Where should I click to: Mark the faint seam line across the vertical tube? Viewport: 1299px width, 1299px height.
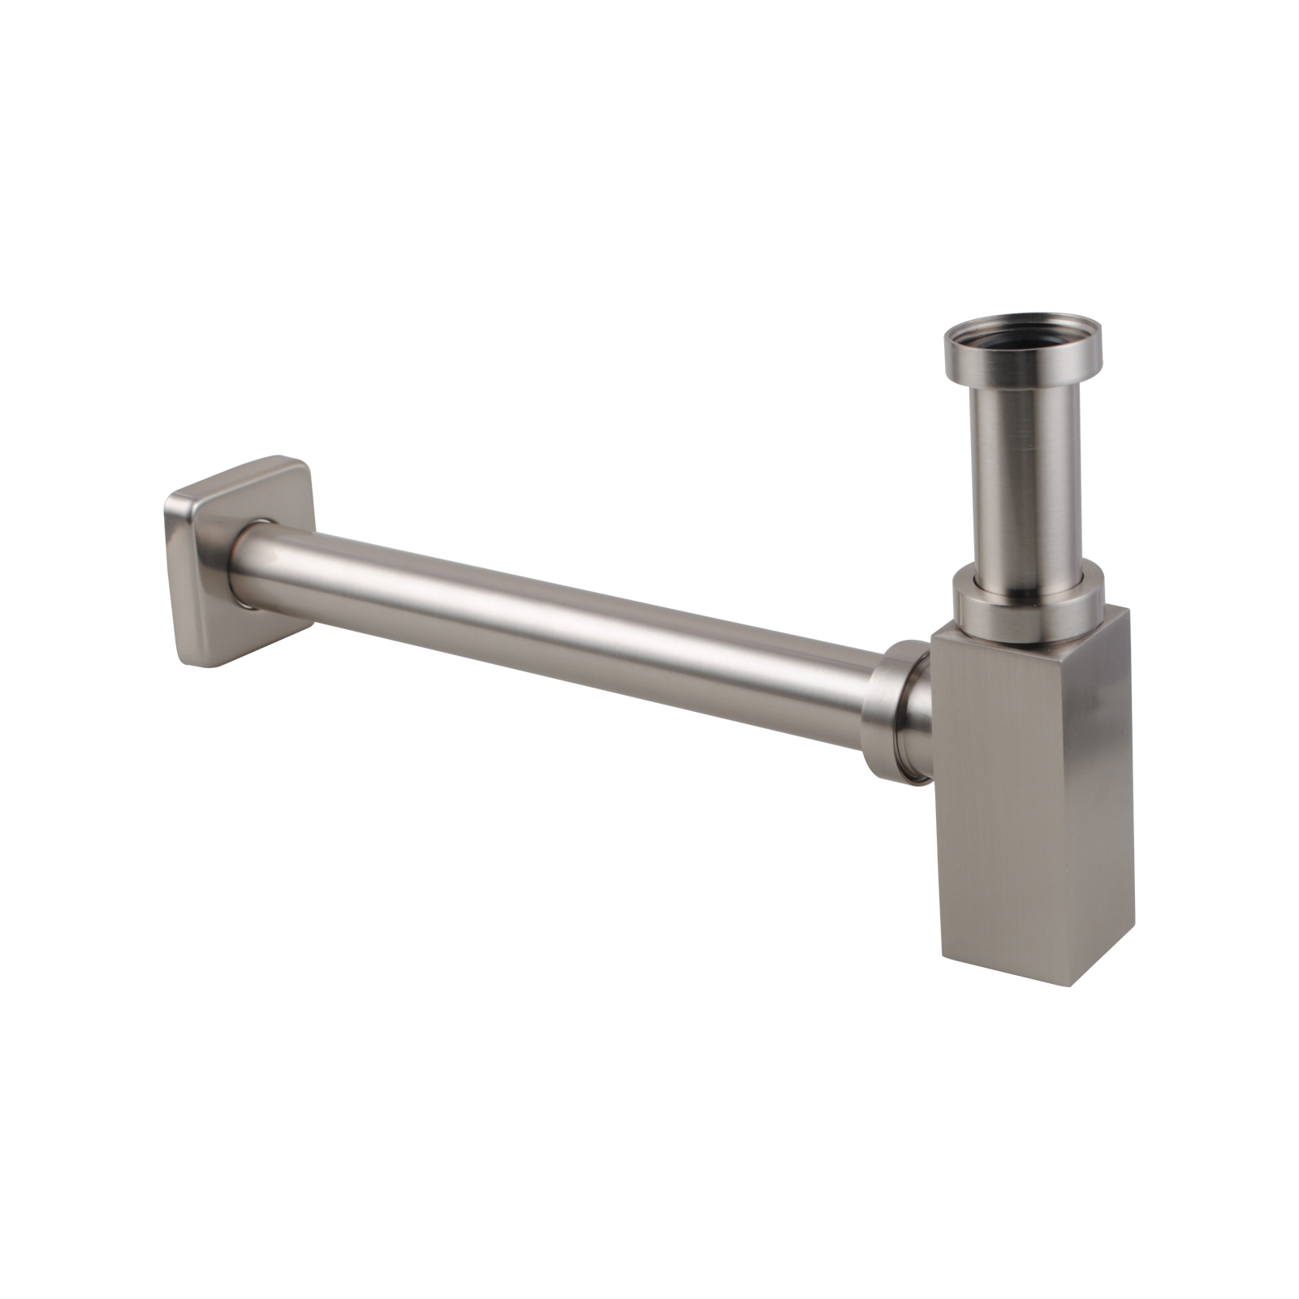pos(1025,448)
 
